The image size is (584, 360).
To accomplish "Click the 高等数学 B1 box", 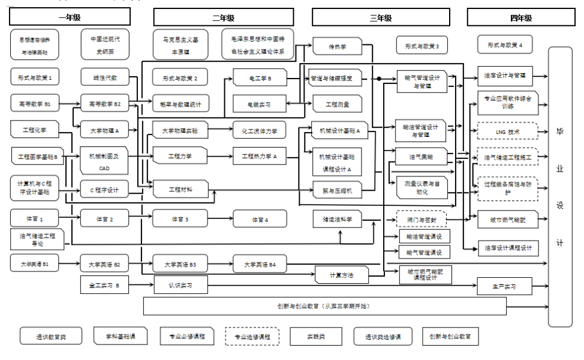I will pyautogui.click(x=35, y=103).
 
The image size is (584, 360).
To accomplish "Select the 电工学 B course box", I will pyautogui.click(x=260, y=78).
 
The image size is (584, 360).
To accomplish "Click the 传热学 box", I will pyautogui.click(x=337, y=46).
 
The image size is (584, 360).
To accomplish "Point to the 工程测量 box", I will pyautogui.click(x=337, y=104).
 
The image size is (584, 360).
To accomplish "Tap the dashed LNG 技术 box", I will pyautogui.click(x=508, y=131).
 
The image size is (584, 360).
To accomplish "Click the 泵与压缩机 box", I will pyautogui.click(x=337, y=191).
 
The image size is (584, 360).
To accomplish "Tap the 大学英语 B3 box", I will pyautogui.click(x=180, y=263).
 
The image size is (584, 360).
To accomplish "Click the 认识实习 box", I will pyautogui.click(x=180, y=285).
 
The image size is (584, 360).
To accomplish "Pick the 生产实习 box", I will pyautogui.click(x=504, y=286).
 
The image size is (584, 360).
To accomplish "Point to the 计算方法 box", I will pyautogui.click(x=341, y=275).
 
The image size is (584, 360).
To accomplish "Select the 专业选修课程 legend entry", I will pyautogui.click(x=252, y=337).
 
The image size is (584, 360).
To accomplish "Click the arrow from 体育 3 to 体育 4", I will pyautogui.click(x=220, y=220).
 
